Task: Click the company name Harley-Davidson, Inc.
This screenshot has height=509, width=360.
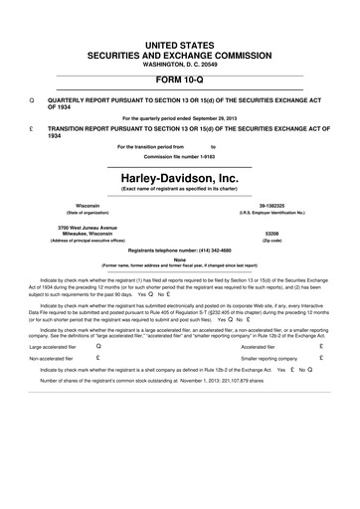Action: [x=179, y=175]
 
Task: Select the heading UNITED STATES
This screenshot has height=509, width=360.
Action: [x=179, y=18]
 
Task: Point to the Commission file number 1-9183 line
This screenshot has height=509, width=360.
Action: [x=179, y=157]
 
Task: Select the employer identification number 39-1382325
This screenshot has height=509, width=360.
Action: [x=271, y=206]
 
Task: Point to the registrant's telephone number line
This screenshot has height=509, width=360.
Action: [x=179, y=252]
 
